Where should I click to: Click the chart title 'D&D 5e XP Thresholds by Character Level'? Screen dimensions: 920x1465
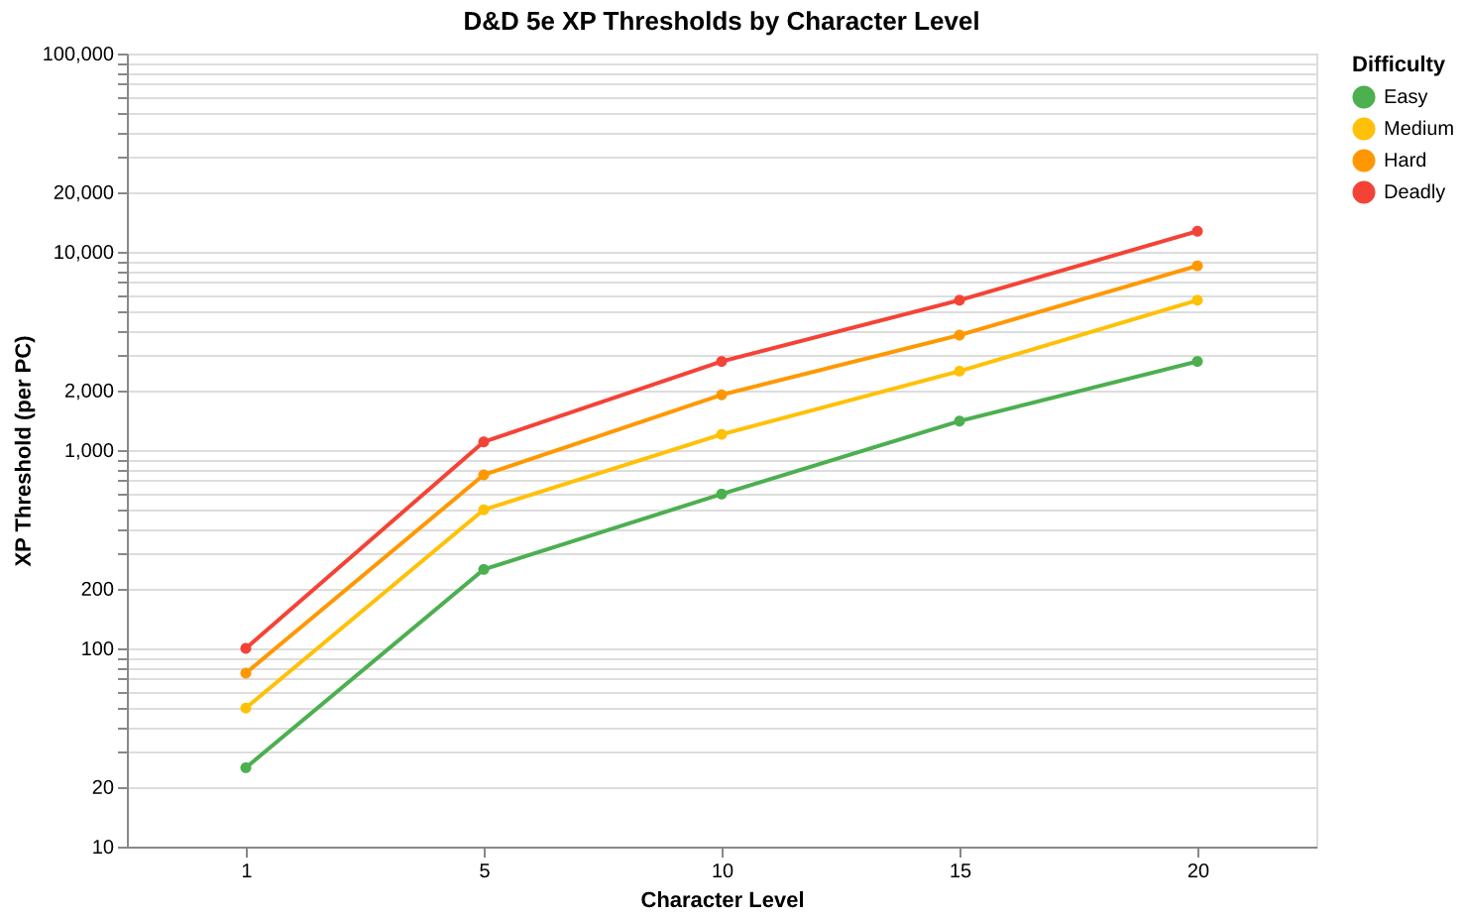pyautogui.click(x=721, y=21)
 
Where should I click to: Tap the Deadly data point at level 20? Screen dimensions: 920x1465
pyautogui.click(x=1197, y=231)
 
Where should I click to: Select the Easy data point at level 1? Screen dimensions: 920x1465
pyautogui.click(x=246, y=767)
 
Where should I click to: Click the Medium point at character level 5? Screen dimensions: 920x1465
pyautogui.click(x=484, y=510)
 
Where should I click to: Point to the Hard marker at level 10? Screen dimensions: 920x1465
pyautogui.click(x=722, y=395)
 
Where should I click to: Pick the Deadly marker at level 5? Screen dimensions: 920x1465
pyautogui.click(x=484, y=442)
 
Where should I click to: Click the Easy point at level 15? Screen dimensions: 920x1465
pyautogui.click(x=959, y=421)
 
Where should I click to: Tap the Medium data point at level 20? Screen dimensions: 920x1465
pyautogui.click(x=1197, y=300)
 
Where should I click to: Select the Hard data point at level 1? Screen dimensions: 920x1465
pyautogui.click(x=246, y=673)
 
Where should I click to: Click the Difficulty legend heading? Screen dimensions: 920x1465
pyautogui.click(x=1398, y=64)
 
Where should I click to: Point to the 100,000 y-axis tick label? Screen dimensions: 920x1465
pyautogui.click(x=79, y=55)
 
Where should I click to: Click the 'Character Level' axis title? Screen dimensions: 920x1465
pyautogui.click(x=722, y=900)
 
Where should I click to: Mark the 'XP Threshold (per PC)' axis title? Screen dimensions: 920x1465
pyautogui.click(x=24, y=451)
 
